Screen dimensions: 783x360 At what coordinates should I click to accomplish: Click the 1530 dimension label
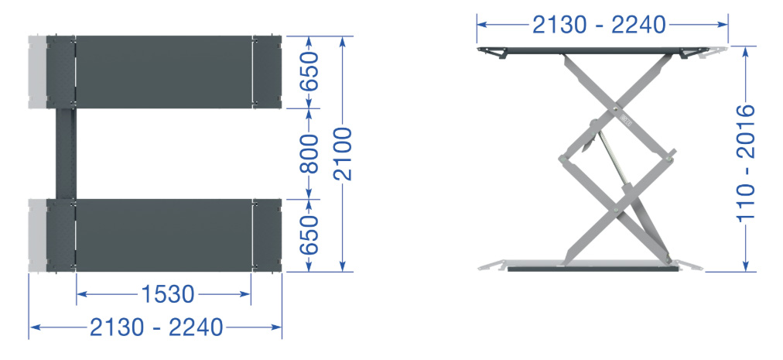(168, 294)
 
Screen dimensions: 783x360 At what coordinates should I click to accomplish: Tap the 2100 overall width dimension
(343, 154)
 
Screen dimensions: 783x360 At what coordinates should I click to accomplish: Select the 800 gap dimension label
(309, 153)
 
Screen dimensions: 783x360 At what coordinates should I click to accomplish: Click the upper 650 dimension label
(309, 71)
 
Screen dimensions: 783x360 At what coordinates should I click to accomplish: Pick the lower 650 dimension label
(309, 235)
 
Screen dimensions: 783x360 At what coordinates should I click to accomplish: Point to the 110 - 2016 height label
(746, 163)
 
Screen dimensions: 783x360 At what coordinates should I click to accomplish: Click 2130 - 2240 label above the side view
(599, 25)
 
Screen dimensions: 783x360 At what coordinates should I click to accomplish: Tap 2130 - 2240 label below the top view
(156, 328)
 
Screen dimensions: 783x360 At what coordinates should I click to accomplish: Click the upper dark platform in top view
(164, 72)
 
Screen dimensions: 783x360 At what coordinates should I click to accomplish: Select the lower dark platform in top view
(164, 235)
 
